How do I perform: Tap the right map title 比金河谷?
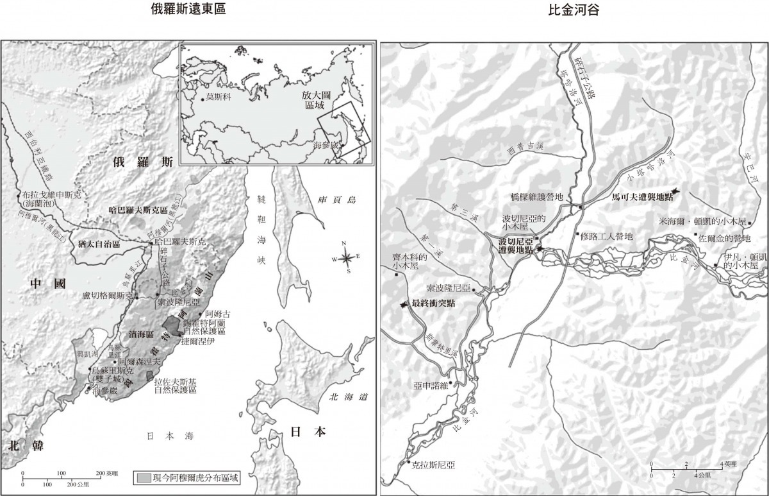(574, 10)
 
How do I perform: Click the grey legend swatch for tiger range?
(144, 477)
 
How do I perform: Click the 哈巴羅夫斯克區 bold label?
(138, 210)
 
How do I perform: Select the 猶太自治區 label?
(99, 244)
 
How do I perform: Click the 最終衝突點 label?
(433, 304)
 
